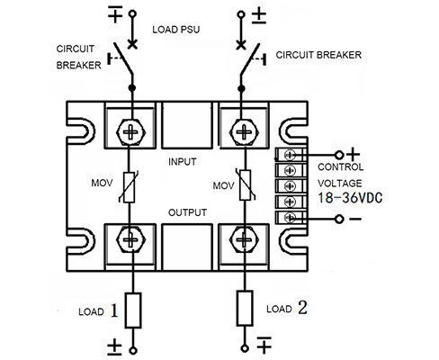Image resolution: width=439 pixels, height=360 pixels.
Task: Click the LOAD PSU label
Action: (x=176, y=30)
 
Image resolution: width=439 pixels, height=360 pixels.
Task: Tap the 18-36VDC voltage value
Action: (x=350, y=198)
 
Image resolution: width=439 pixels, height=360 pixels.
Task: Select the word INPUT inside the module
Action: (x=183, y=162)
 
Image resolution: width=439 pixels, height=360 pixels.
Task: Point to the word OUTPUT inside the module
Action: (x=187, y=212)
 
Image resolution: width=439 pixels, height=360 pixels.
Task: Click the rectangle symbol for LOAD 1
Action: (x=133, y=310)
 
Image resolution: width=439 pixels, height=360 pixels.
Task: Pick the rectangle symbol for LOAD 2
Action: (x=245, y=308)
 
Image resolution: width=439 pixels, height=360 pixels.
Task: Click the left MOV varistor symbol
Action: (x=130, y=187)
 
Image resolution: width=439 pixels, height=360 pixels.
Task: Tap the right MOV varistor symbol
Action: (x=246, y=184)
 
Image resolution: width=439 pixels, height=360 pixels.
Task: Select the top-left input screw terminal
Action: (x=130, y=132)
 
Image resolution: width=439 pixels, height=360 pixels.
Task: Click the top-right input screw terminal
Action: (x=245, y=132)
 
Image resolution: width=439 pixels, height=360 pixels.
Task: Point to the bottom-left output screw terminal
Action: (x=130, y=239)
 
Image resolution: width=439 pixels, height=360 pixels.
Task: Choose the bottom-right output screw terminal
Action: (x=245, y=239)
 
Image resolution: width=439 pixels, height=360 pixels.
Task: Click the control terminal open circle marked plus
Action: (x=339, y=155)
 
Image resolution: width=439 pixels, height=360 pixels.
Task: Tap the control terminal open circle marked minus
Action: (x=339, y=219)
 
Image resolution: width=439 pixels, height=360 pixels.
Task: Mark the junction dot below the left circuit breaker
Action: (x=132, y=88)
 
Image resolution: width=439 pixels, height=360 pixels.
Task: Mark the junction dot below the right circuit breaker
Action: (x=241, y=88)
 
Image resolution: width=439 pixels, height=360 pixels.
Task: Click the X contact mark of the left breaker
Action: (x=132, y=44)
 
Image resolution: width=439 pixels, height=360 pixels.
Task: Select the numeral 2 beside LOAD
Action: (x=302, y=307)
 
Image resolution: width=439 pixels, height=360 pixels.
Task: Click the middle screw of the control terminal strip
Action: (x=290, y=186)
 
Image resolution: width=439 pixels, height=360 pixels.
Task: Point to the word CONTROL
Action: (x=340, y=166)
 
